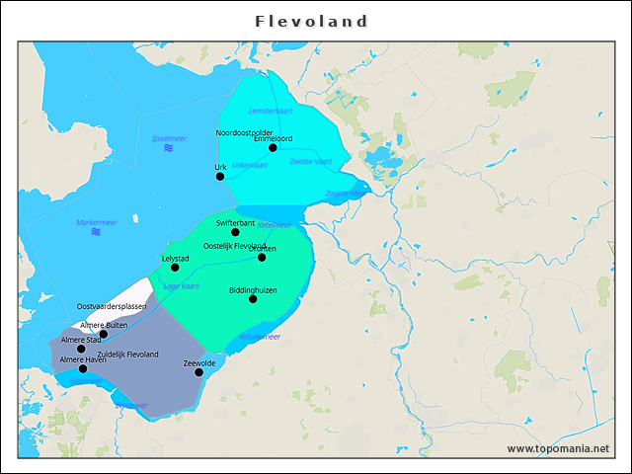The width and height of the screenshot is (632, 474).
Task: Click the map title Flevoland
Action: tap(311, 21)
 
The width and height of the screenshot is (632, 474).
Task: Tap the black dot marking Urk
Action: tap(220, 177)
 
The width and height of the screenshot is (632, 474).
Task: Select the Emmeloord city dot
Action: tap(273, 147)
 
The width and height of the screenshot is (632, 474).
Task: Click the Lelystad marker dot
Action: tap(175, 267)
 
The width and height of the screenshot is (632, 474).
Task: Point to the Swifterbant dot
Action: tap(235, 233)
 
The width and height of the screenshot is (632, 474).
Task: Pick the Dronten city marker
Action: tap(262, 257)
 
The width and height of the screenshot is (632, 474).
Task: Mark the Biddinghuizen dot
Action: tap(253, 299)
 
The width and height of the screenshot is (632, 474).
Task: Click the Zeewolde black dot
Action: tap(198, 372)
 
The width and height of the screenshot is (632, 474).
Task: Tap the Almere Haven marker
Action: tap(83, 369)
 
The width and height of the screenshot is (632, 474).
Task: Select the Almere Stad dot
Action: tap(81, 349)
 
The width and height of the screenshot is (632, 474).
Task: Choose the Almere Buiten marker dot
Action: tap(103, 334)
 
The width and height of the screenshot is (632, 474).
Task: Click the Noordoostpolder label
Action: tap(244, 132)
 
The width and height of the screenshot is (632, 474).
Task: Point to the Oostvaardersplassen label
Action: tap(112, 306)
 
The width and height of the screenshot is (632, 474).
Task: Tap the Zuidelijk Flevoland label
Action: tap(127, 354)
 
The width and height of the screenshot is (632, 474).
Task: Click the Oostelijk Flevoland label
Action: tap(234, 245)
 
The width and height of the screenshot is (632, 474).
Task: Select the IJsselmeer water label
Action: tap(169, 138)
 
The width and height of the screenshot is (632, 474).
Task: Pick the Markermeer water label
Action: tap(96, 222)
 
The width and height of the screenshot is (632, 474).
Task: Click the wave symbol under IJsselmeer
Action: tap(169, 148)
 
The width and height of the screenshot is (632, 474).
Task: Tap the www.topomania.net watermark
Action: tap(558, 448)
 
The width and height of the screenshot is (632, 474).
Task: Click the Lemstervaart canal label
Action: tap(271, 111)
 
